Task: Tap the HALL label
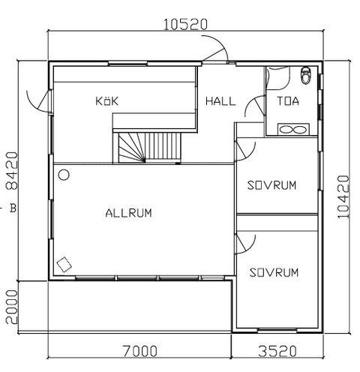point(220,100)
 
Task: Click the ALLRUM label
point(129,213)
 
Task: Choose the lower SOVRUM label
point(275,271)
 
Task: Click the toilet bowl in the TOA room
point(304,75)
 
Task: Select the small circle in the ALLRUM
point(64,175)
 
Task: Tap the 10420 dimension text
point(343,196)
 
